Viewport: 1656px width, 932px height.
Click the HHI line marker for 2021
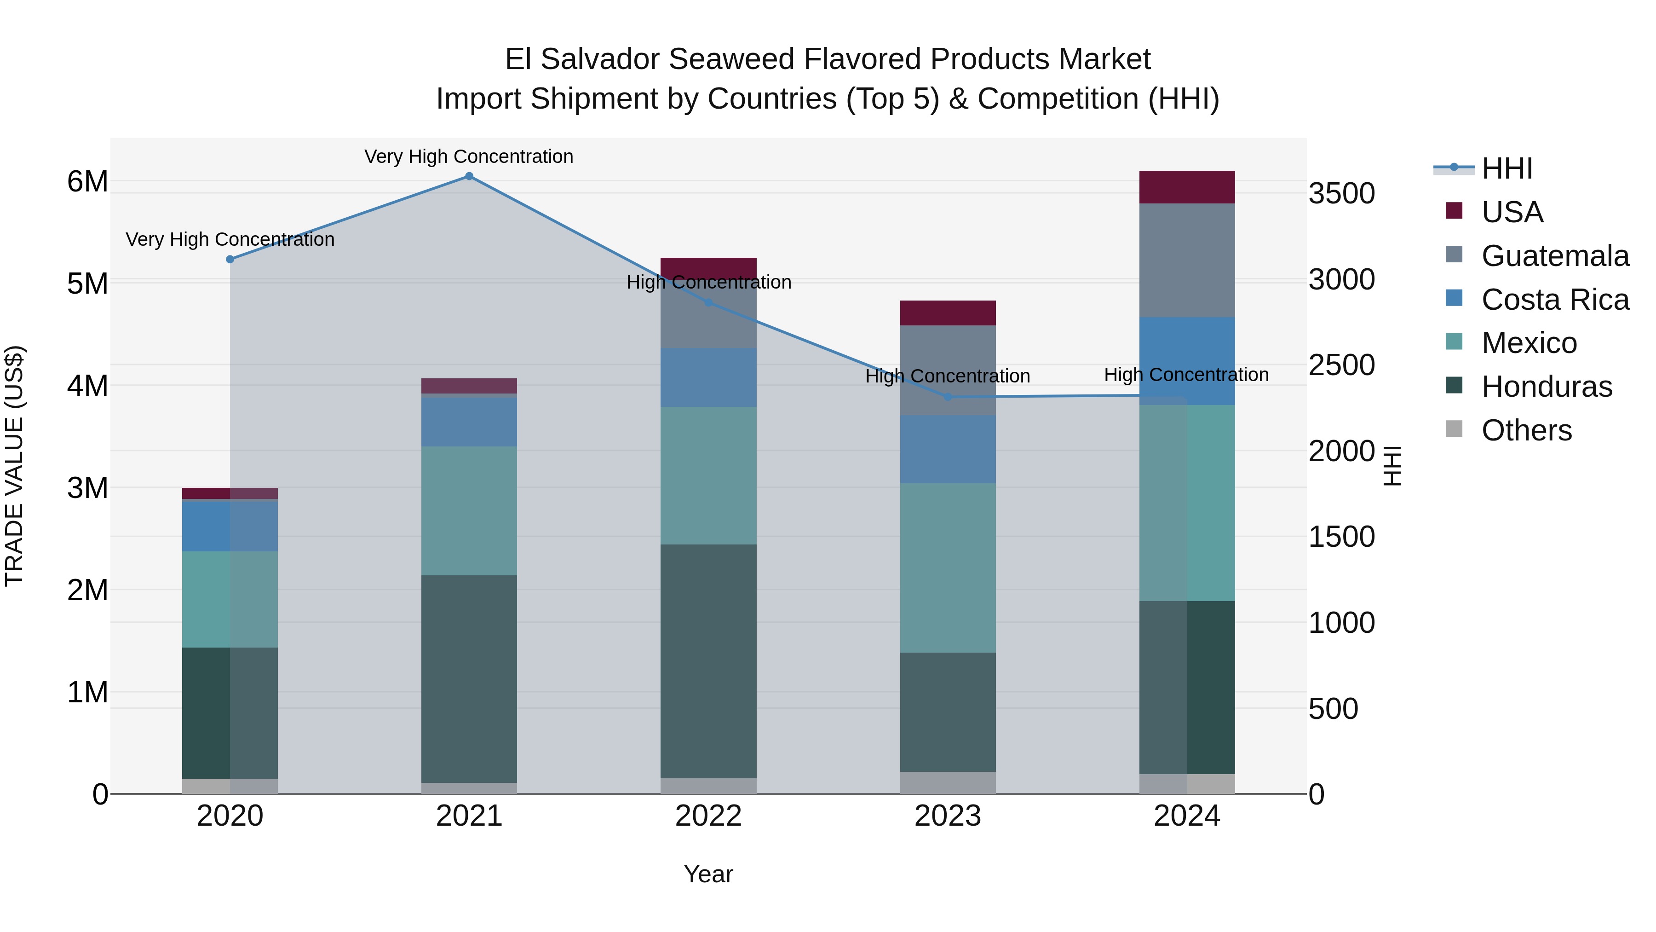(x=469, y=176)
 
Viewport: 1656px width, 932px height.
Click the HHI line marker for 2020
(x=230, y=259)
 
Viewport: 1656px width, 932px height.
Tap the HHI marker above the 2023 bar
(x=948, y=397)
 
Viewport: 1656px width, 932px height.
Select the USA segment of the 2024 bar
(x=1187, y=187)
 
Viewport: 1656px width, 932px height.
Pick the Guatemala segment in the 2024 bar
(x=1187, y=260)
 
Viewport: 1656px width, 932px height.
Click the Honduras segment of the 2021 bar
(x=469, y=678)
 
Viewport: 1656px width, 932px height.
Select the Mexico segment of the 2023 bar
(x=948, y=567)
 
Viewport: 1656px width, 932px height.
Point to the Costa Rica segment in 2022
(x=708, y=377)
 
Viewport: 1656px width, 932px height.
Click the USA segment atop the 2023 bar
(x=948, y=313)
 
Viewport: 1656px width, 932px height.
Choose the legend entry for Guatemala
(x=1554, y=256)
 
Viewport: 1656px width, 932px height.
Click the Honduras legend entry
(x=1546, y=387)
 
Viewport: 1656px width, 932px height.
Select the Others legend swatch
(x=1454, y=429)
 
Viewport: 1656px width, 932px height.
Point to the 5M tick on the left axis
(x=87, y=284)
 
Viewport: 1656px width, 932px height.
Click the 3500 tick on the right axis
(x=1342, y=194)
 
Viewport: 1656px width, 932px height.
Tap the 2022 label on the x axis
(x=708, y=816)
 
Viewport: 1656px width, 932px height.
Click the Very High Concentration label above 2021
(x=469, y=156)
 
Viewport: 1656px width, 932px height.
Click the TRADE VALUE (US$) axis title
(x=14, y=466)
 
